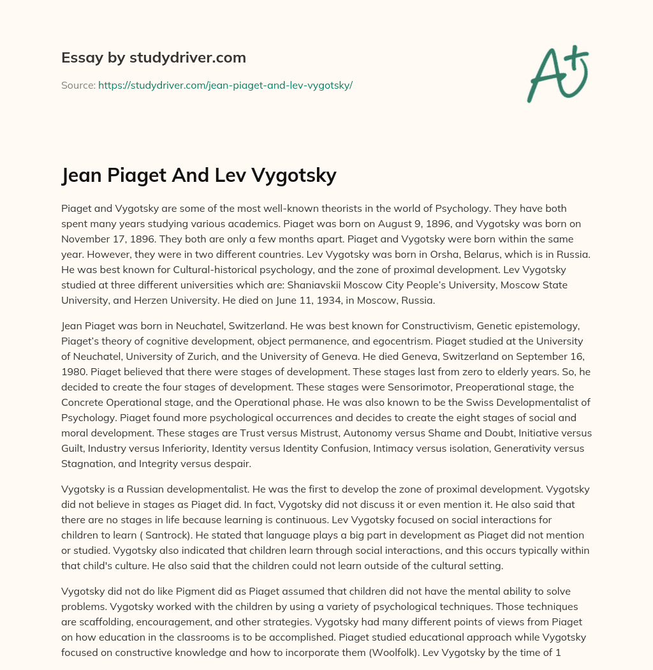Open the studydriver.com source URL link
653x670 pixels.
[x=225, y=85]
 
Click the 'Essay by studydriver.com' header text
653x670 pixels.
[x=154, y=57]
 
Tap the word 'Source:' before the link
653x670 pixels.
[x=78, y=85]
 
